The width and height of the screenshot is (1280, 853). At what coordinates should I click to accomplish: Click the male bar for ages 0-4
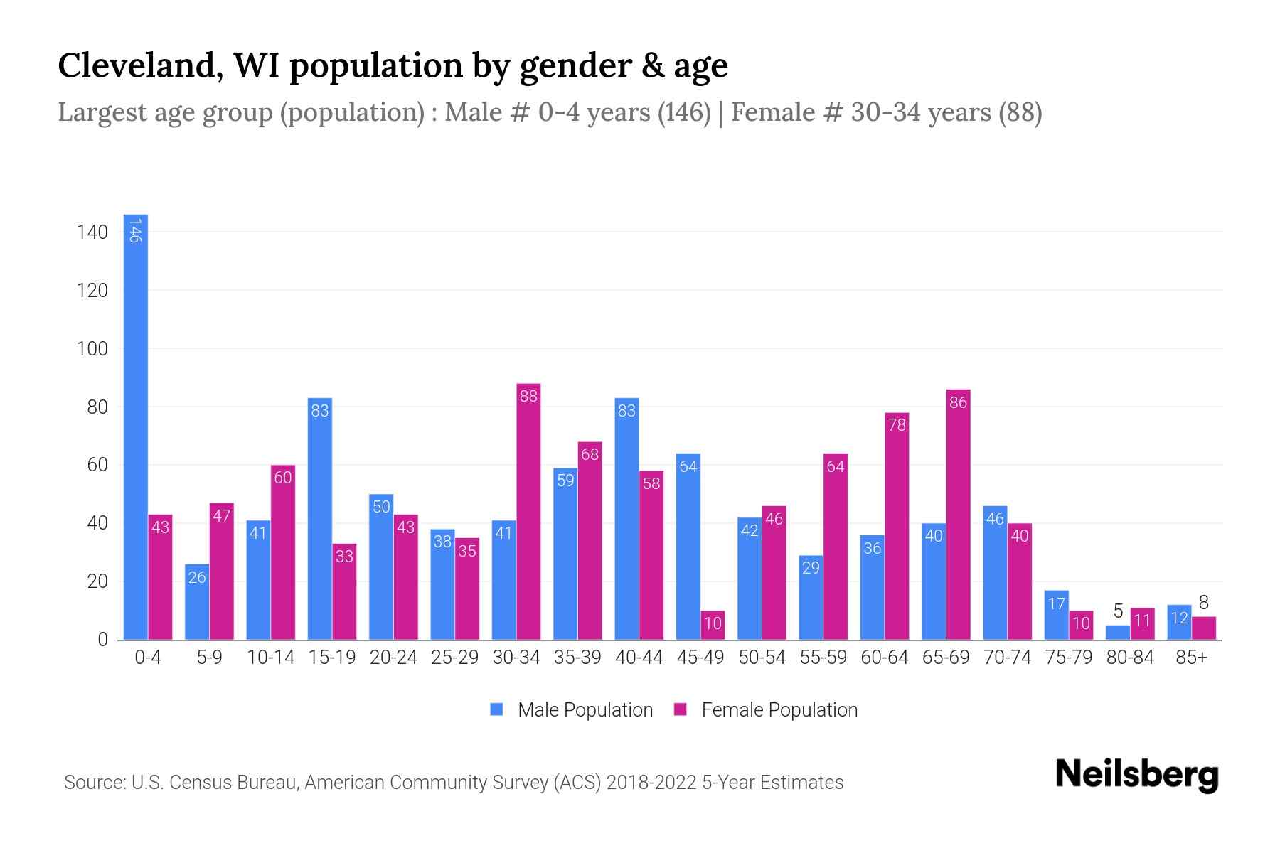point(135,426)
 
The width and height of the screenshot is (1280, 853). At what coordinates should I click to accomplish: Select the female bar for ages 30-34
point(528,512)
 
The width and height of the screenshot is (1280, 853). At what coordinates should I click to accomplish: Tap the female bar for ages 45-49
point(713,626)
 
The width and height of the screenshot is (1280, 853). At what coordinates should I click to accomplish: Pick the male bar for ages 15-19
point(319,519)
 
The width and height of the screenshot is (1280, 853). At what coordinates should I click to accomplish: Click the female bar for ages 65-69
point(958,515)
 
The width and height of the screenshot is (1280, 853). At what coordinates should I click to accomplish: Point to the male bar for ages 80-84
point(1118,633)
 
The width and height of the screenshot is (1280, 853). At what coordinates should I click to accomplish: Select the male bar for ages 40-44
point(626,519)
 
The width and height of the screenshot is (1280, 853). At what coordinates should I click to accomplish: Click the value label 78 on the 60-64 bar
point(897,425)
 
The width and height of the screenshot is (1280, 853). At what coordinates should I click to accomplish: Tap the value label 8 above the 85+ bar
point(1203,603)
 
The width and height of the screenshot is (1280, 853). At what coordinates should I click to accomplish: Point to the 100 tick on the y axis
point(92,349)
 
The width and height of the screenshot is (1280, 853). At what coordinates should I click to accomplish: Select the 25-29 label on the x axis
point(454,658)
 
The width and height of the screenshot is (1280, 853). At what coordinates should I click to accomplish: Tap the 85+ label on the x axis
point(1191,658)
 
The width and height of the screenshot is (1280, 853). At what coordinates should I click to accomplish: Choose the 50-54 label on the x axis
point(762,658)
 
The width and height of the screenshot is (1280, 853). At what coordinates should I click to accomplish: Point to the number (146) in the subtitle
point(683,112)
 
